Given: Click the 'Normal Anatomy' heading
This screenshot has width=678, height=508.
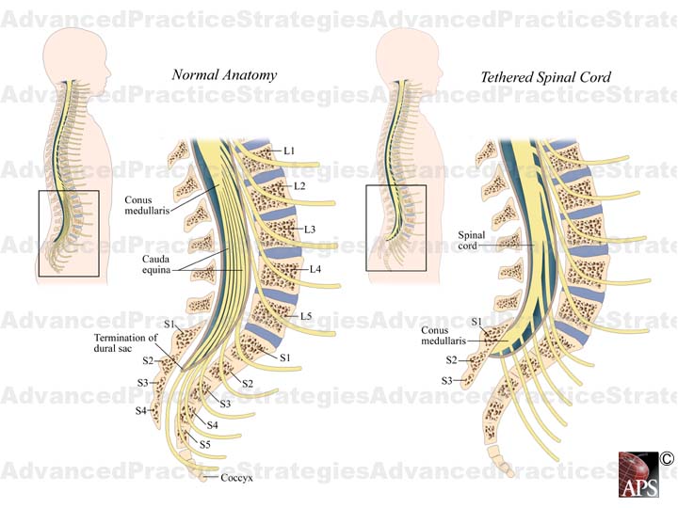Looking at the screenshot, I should click(223, 75).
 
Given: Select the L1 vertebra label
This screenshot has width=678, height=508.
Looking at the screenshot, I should click(289, 151).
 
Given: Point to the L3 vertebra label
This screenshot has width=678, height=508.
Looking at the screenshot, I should click(310, 229).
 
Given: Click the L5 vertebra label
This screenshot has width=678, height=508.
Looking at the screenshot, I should click(306, 316).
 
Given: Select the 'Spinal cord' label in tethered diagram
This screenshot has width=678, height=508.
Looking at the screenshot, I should click(471, 240).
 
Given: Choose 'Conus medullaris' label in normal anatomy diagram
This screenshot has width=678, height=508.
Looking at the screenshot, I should click(146, 205).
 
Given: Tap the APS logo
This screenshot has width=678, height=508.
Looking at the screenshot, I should click(639, 475).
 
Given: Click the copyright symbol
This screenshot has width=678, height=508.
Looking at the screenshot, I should click(667, 458).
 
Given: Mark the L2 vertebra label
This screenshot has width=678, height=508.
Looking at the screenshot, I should click(299, 186).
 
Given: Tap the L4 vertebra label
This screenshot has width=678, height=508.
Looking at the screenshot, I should click(316, 270).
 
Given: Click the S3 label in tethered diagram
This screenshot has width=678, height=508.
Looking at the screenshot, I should click(448, 381).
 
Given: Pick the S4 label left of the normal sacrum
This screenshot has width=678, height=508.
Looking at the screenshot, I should click(141, 411).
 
